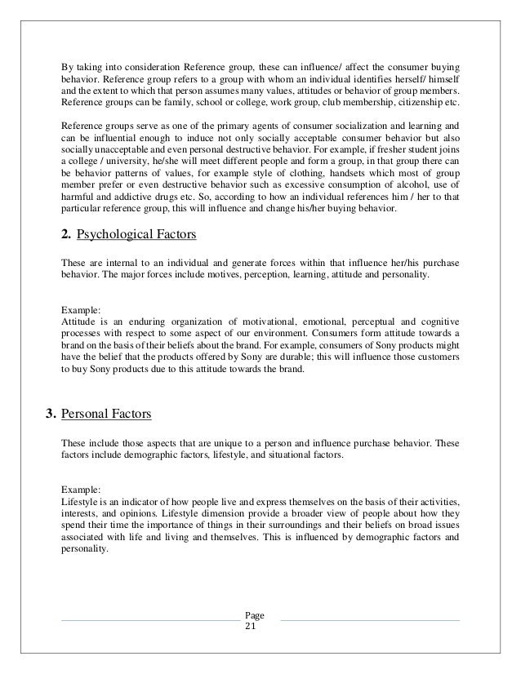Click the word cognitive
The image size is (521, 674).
[439, 323]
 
